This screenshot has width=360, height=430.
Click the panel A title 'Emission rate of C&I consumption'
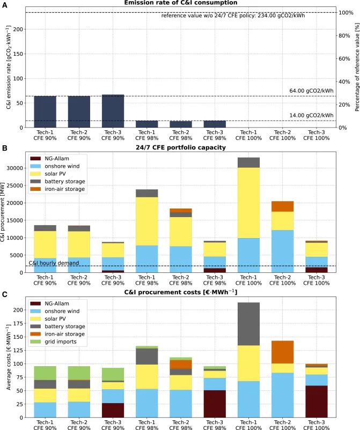click(180, 4)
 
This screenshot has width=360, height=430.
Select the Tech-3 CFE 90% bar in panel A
click(113, 111)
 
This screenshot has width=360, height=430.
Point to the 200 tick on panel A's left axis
click(18, 29)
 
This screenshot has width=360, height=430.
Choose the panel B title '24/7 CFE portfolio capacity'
click(180, 147)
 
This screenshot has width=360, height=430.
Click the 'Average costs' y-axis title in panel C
click(7, 359)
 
